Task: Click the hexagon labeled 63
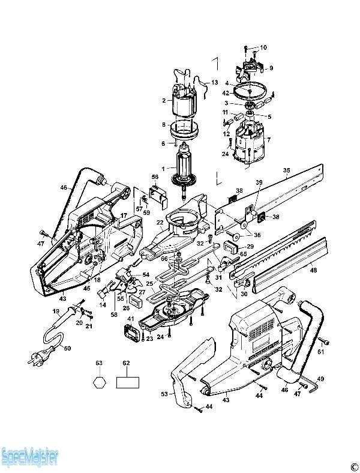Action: click(x=100, y=382)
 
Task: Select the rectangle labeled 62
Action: click(x=128, y=382)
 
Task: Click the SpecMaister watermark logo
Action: click(x=29, y=458)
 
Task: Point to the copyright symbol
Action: click(x=346, y=466)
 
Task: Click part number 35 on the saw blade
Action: click(x=286, y=171)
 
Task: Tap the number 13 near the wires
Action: click(x=214, y=82)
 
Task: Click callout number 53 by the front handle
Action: click(x=164, y=394)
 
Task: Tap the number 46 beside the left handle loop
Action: click(x=64, y=188)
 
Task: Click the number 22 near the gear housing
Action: click(x=160, y=222)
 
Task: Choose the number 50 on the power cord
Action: click(x=67, y=348)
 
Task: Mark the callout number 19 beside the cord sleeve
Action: click(x=56, y=312)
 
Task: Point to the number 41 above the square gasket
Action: click(x=130, y=319)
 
